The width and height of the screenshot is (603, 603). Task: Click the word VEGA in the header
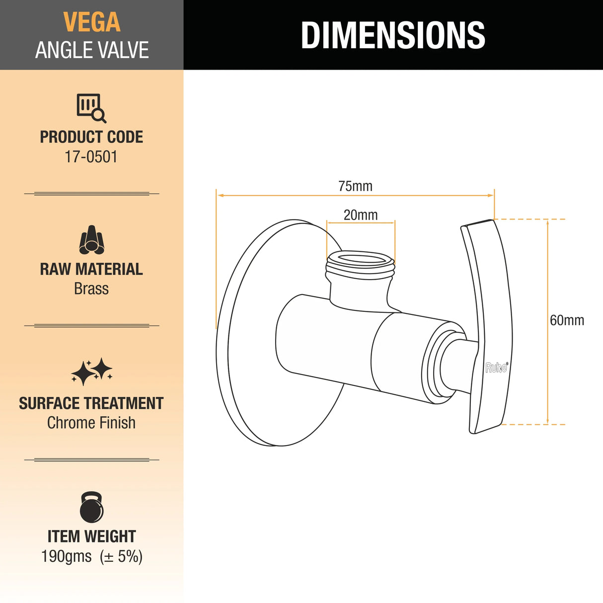pyautogui.click(x=92, y=22)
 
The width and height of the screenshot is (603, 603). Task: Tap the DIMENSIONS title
pyautogui.click(x=393, y=35)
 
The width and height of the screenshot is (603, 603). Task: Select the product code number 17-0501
pyautogui.click(x=91, y=157)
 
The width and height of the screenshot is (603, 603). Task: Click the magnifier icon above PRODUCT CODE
pyautogui.click(x=91, y=108)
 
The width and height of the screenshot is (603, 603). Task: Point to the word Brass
pyautogui.click(x=91, y=289)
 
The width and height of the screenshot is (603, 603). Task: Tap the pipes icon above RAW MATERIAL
pyautogui.click(x=91, y=240)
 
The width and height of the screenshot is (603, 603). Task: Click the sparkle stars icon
pyautogui.click(x=91, y=372)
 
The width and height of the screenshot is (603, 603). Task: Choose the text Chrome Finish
pyautogui.click(x=91, y=423)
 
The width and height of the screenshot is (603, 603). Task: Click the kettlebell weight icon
pyautogui.click(x=91, y=508)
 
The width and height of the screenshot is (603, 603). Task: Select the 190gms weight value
pyautogui.click(x=67, y=556)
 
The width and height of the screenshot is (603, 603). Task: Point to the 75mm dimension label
pyautogui.click(x=355, y=186)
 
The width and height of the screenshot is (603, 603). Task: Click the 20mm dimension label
pyautogui.click(x=361, y=215)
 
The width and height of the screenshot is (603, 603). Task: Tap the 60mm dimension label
pyautogui.click(x=567, y=320)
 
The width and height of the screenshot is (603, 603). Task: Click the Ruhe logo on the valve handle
pyautogui.click(x=496, y=368)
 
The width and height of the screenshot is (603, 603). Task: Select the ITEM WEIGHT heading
pyautogui.click(x=91, y=536)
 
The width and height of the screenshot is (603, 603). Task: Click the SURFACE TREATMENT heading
pyautogui.click(x=91, y=403)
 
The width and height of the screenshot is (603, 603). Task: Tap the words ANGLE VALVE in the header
pyautogui.click(x=92, y=50)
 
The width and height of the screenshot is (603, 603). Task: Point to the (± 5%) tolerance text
pyautogui.click(x=121, y=556)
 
